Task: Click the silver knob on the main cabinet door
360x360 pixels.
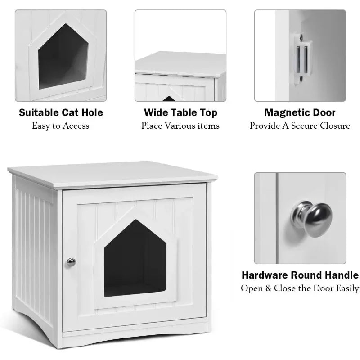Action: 71,262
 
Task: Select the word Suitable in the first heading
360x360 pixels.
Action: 39,112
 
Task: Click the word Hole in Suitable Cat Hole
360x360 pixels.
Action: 93,112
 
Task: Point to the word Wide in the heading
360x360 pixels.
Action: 154,112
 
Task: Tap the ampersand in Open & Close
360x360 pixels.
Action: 268,288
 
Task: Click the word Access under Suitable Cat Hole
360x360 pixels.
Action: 76,126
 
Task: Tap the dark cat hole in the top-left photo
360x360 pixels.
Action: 63,57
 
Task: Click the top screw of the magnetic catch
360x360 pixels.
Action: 301,36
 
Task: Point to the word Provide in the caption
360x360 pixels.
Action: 265,126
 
